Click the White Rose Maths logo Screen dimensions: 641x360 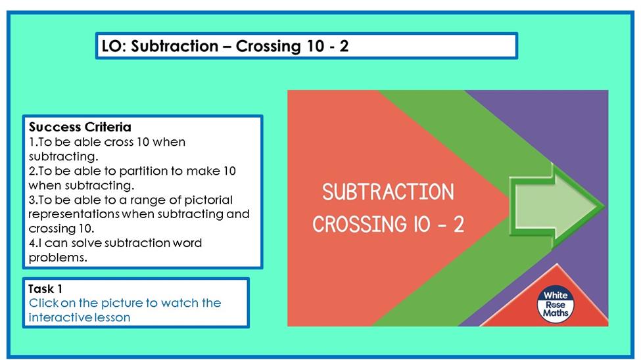point(555,304)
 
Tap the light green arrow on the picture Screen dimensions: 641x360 point(556,206)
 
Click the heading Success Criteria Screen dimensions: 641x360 point(80,127)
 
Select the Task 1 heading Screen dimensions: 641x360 point(45,289)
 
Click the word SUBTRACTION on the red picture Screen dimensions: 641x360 point(388,192)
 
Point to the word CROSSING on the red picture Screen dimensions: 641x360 point(360,224)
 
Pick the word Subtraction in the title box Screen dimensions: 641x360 point(175,46)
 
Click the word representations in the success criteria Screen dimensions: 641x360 point(74,214)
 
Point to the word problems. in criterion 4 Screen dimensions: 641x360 point(58,258)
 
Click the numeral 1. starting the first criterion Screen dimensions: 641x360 point(33,142)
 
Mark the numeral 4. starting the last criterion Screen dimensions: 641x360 point(33,243)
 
